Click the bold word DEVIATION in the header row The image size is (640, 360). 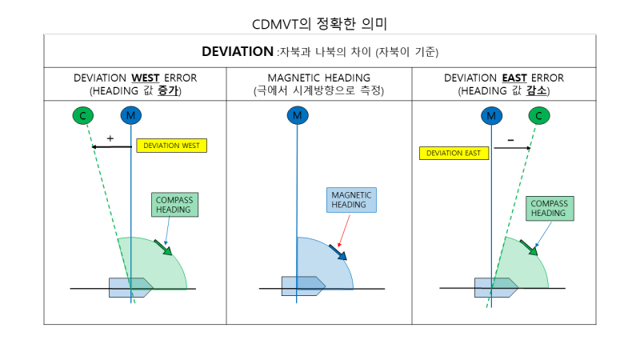point(238,51)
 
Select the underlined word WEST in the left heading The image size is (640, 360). point(146,78)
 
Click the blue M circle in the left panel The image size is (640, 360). point(130,116)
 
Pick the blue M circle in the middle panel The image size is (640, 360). point(297,116)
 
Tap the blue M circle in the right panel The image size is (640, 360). point(491,116)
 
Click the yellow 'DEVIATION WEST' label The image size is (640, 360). point(173,146)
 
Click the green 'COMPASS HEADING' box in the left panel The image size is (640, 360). point(174,205)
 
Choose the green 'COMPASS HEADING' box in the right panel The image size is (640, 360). point(549,208)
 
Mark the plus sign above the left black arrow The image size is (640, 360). point(110,138)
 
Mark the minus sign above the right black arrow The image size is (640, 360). point(510,140)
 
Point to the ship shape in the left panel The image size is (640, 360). point(130,287)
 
